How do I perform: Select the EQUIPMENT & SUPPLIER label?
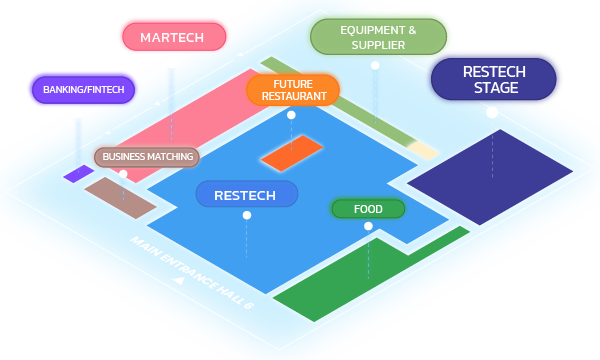coord(378,37)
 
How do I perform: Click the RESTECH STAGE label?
coord(491,79)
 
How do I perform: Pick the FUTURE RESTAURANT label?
coord(293,90)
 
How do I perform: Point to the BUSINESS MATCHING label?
coord(148,157)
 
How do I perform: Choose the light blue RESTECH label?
coord(247,194)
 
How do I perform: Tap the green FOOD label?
coord(368,209)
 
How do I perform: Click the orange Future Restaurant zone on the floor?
coord(291,153)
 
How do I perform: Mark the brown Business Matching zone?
coord(119,197)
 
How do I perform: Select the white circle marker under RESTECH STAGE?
coord(491,112)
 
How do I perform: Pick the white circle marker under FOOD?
coord(368,227)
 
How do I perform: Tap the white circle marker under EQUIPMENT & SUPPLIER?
coord(375,66)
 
